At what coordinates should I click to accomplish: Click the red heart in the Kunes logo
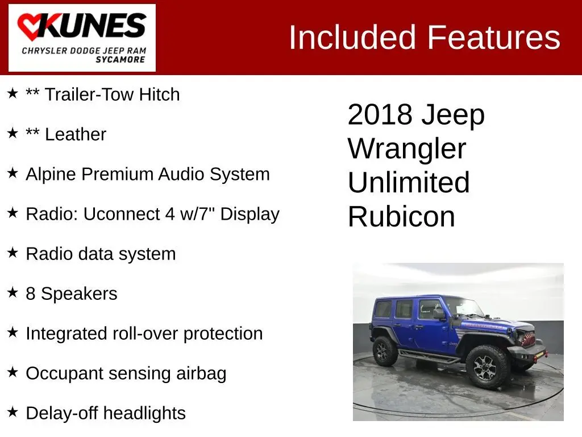(x=31, y=27)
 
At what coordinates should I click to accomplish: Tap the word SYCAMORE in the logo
(x=120, y=60)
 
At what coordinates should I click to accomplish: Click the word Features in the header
(x=494, y=37)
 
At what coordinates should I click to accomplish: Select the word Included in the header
(x=352, y=37)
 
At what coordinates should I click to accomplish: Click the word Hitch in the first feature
(x=159, y=94)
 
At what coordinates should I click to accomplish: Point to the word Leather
(x=76, y=134)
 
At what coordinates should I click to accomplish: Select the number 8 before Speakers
(x=31, y=294)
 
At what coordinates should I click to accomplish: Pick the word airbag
(x=201, y=374)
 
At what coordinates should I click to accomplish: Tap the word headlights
(x=144, y=413)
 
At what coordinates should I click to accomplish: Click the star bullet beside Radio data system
(x=13, y=253)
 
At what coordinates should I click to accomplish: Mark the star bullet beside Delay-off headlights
(x=13, y=412)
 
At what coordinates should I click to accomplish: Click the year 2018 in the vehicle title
(x=380, y=114)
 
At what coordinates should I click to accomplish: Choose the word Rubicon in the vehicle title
(x=401, y=217)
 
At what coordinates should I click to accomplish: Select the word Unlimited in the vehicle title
(x=409, y=182)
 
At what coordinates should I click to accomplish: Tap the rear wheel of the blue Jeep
(x=385, y=351)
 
